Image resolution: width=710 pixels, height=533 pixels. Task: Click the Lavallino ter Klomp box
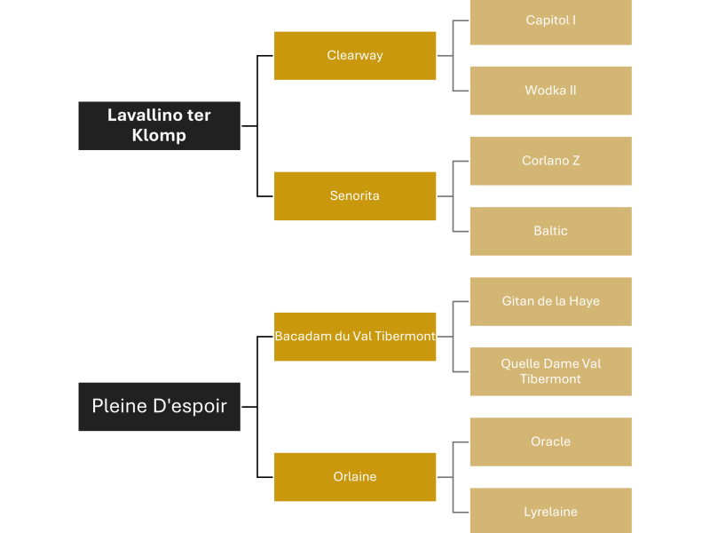click(159, 125)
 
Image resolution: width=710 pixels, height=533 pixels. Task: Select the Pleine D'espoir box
click(159, 407)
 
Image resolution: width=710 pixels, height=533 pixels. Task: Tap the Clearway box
click(355, 55)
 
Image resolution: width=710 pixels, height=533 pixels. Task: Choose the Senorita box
click(355, 195)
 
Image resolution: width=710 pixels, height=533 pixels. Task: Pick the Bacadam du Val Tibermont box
click(355, 337)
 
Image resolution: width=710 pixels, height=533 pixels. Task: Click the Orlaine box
click(355, 477)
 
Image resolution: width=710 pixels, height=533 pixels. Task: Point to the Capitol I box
click(551, 20)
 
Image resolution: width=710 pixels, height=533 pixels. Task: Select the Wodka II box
click(551, 91)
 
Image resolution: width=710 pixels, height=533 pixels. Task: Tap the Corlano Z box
click(551, 161)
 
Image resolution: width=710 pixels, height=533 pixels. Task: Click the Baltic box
click(551, 231)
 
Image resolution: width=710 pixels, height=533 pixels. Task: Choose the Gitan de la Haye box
click(551, 301)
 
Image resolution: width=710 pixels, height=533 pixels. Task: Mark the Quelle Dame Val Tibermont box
click(551, 371)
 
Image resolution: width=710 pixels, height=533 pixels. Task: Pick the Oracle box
click(551, 442)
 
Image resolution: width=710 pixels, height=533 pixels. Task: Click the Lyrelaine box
click(551, 511)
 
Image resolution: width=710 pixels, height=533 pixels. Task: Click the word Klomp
click(159, 136)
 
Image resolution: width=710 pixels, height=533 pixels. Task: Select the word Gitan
click(518, 301)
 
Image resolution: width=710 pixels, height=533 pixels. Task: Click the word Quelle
click(520, 364)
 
